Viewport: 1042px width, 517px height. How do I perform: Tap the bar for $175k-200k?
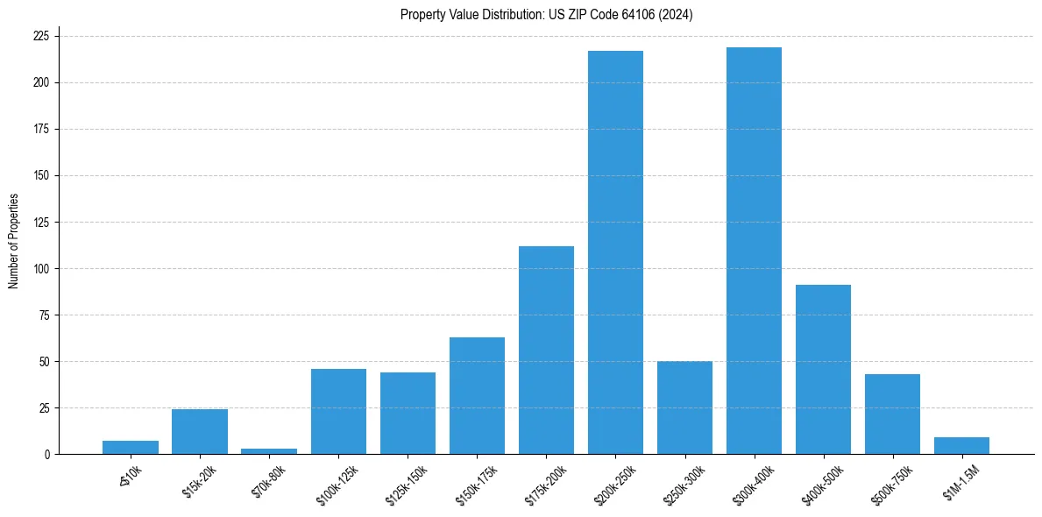click(x=546, y=351)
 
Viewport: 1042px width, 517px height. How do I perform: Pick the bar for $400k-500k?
click(x=823, y=369)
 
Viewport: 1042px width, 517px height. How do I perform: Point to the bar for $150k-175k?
click(x=477, y=395)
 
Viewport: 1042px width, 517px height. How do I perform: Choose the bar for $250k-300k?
click(x=684, y=407)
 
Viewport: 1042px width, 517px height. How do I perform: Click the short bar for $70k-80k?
click(x=269, y=451)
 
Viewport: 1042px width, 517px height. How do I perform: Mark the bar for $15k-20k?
click(x=200, y=431)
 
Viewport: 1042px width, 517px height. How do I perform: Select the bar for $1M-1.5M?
click(x=961, y=445)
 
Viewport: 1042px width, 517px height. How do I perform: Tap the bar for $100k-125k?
click(x=338, y=411)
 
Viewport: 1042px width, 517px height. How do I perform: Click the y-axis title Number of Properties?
click(x=13, y=241)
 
